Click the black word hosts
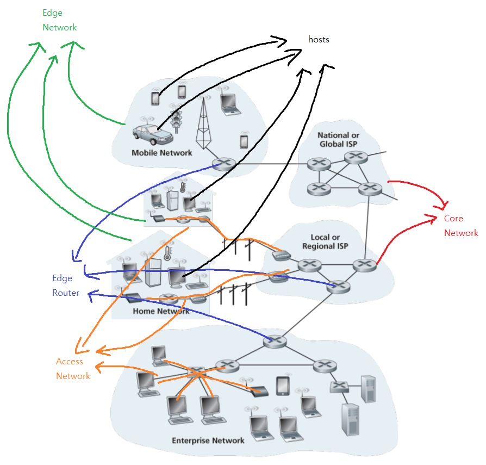tap(319, 40)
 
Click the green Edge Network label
tap(59, 20)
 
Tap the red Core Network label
tap(460, 226)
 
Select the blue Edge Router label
tap(65, 286)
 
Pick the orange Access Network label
tap(72, 369)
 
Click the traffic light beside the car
tap(176, 119)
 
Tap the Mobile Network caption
tap(161, 153)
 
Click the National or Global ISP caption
tap(338, 139)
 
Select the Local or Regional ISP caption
tap(325, 241)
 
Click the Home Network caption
tap(161, 312)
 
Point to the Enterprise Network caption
tap(208, 440)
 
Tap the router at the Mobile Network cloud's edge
tap(222, 163)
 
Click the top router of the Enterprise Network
tap(275, 341)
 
